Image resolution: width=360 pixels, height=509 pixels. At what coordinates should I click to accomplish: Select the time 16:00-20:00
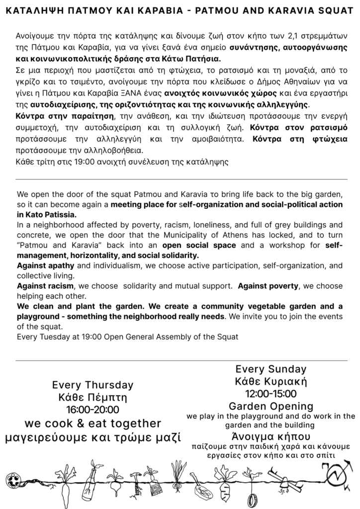pyautogui.click(x=92, y=410)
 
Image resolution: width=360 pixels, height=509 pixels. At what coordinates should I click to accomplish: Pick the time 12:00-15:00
pyautogui.click(x=270, y=394)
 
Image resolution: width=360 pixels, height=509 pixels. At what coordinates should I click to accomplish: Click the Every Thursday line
pyautogui.click(x=92, y=385)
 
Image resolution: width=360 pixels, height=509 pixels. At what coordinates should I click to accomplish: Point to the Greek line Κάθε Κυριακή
pyautogui.click(x=270, y=382)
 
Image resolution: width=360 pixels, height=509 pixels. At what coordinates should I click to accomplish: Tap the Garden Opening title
pyautogui.click(x=270, y=406)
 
